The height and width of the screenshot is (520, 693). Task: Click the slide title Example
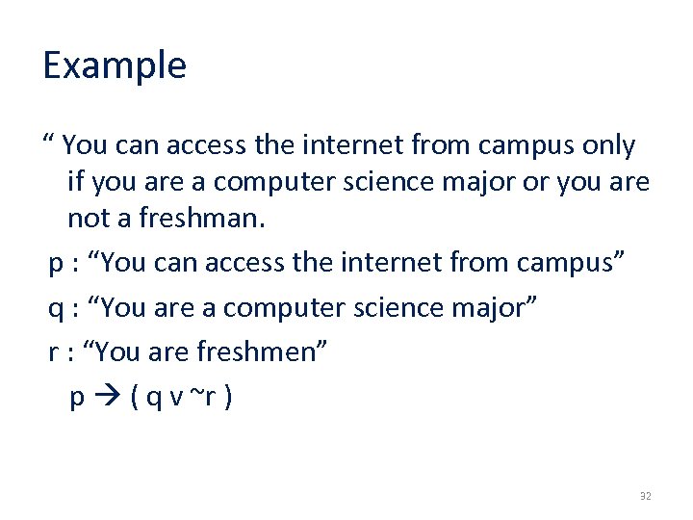coord(115,65)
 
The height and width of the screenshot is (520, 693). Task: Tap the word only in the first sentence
coord(609,145)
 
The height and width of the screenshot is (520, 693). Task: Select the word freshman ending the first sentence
coord(201,218)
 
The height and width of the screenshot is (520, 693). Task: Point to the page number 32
coord(645,496)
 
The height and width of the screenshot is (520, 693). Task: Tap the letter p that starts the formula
coord(77,398)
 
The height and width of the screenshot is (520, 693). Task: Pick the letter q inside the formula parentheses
coord(151,398)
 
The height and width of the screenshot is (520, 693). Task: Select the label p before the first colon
coord(56,263)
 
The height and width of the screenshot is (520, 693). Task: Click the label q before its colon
coord(56,308)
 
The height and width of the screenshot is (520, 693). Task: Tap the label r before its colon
coord(54,352)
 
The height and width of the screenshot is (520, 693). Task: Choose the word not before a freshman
coord(89,218)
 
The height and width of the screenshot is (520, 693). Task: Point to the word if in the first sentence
coord(76,181)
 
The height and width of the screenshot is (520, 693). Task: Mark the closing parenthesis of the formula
coord(226,397)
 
